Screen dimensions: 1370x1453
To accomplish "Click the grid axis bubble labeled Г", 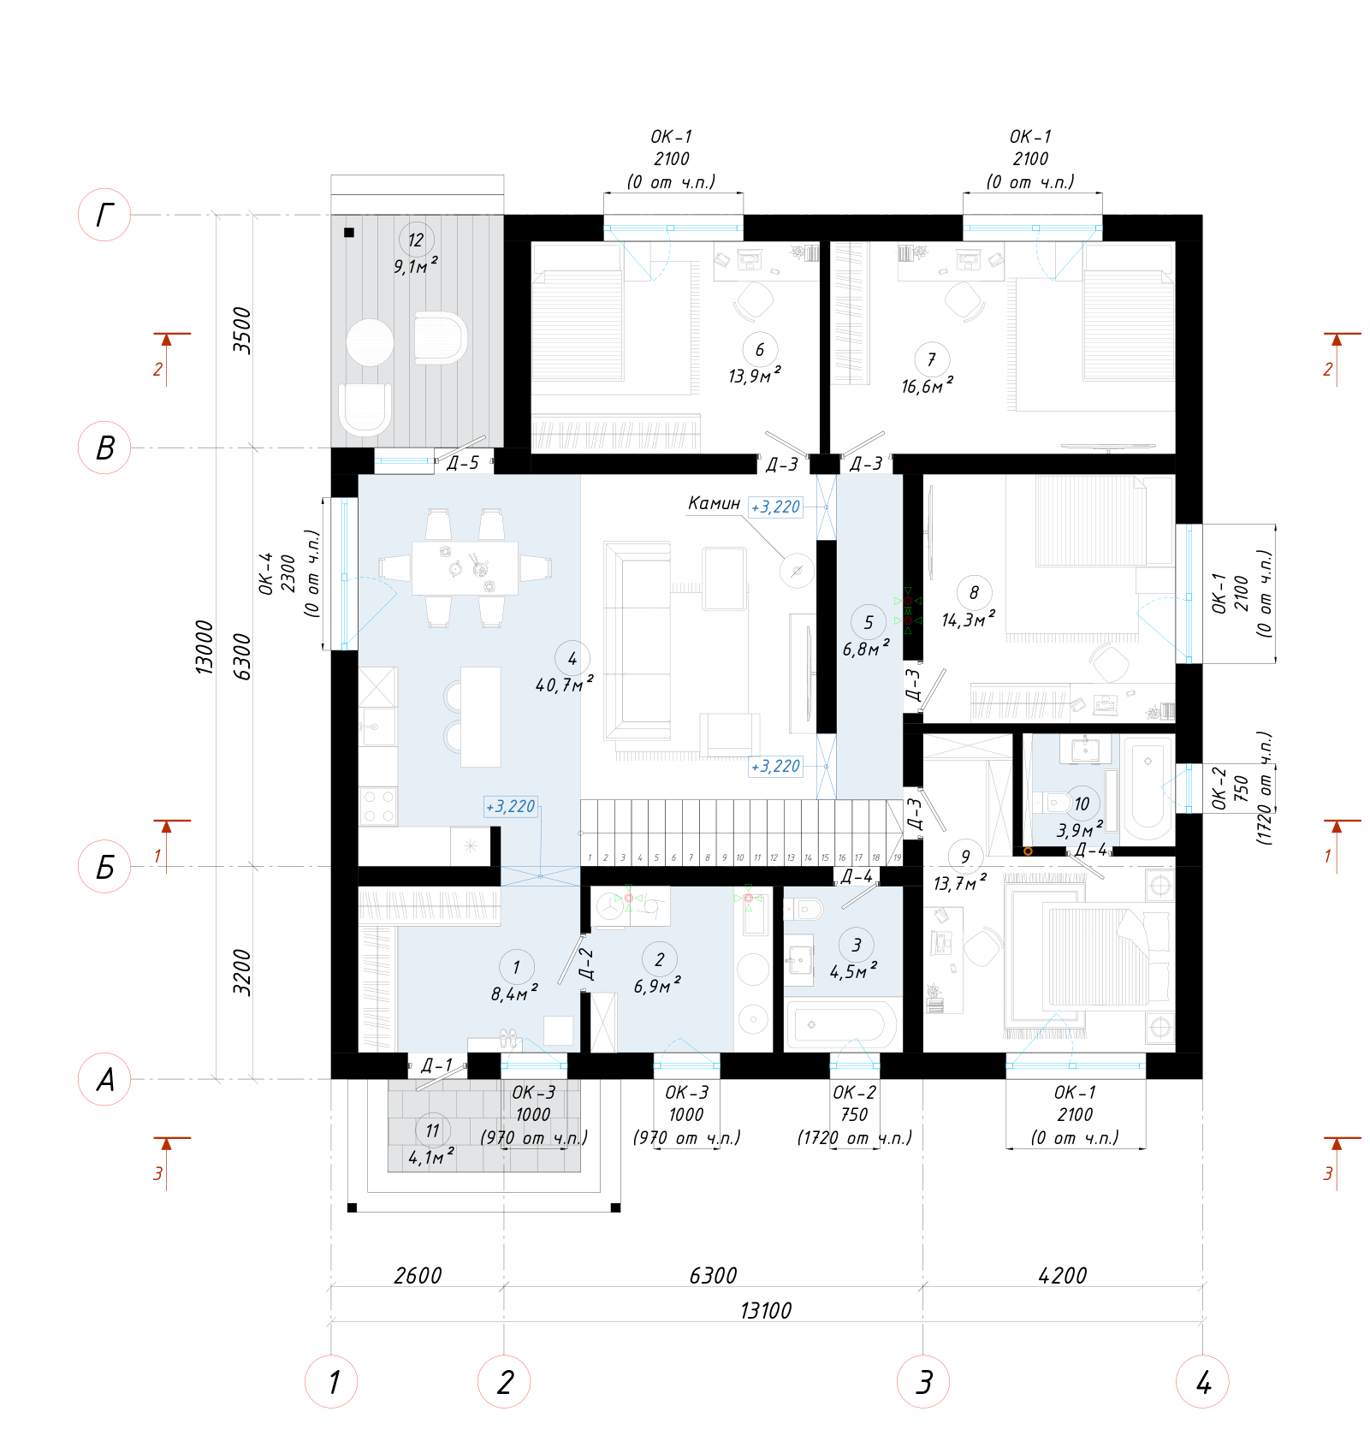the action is (104, 215).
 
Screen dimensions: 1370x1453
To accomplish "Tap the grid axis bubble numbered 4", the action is (1202, 1382).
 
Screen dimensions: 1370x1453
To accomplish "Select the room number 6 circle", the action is (760, 349).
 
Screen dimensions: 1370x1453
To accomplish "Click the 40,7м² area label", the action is (564, 685).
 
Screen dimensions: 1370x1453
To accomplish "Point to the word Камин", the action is (714, 503).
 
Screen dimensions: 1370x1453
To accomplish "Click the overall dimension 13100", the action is (766, 1310).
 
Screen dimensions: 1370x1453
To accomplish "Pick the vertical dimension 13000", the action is (204, 648).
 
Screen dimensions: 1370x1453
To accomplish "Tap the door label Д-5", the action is (463, 463).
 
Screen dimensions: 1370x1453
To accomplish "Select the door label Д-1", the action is (436, 1065).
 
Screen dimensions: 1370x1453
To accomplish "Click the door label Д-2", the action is (585, 964).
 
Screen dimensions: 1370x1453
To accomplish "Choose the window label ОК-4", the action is (265, 573).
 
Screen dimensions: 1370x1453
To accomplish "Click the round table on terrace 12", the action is (370, 342).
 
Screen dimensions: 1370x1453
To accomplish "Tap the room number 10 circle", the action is (1082, 804).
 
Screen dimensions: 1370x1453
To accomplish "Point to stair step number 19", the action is (897, 857).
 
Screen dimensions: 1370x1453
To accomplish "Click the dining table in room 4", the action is (465, 568).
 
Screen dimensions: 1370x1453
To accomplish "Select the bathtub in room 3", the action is (841, 1024).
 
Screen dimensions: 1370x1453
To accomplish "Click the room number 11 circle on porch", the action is (432, 1130).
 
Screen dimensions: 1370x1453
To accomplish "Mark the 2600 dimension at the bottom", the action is (418, 1275).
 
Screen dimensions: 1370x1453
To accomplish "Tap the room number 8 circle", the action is (974, 592).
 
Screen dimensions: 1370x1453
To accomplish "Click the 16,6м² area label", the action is (927, 386).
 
